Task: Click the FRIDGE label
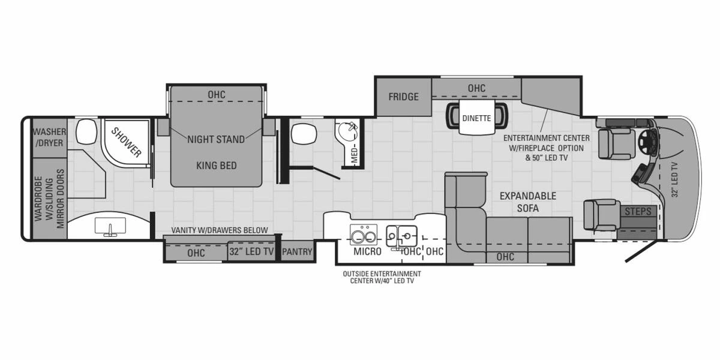click(403, 97)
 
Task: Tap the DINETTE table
click(476, 117)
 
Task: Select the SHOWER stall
click(126, 142)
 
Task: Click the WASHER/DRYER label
click(49, 137)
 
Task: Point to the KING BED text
click(217, 166)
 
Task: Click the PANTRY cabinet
click(297, 251)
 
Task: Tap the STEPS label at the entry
click(638, 211)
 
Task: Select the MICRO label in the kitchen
click(367, 251)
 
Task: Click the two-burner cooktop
click(364, 235)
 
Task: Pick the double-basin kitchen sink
click(401, 236)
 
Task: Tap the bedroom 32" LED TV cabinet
click(251, 251)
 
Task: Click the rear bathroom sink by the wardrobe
click(110, 227)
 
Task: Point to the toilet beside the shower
click(86, 131)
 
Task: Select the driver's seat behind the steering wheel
click(617, 143)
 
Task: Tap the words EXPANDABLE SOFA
click(528, 202)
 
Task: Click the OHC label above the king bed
click(217, 95)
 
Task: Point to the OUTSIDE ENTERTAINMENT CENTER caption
click(382, 277)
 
